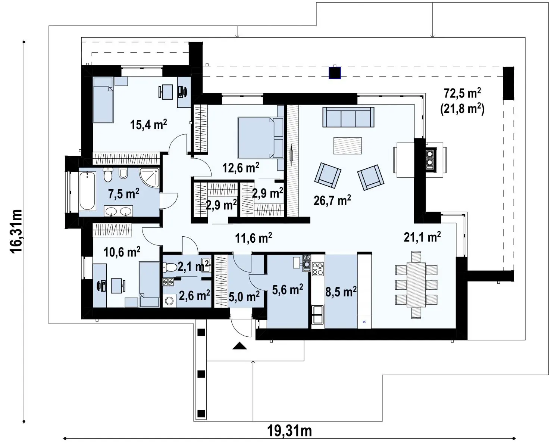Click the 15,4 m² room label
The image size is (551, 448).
(148, 125)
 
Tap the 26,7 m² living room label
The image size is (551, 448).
(332, 200)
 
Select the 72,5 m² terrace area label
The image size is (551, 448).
(463, 93)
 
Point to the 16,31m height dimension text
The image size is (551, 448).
(16, 231)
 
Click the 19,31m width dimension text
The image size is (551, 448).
(289, 431)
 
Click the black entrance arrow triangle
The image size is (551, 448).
(240, 346)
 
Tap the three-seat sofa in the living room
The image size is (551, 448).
(348, 117)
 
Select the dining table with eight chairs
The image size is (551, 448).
(416, 285)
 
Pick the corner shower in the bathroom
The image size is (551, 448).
(149, 178)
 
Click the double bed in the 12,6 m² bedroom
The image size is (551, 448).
(260, 138)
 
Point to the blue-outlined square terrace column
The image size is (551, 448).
(335, 73)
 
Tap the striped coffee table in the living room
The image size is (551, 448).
(347, 146)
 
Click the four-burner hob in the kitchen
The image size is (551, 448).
(318, 269)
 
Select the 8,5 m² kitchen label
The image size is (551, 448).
(341, 292)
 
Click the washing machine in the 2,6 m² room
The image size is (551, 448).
(169, 301)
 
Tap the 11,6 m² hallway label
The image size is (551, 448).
(254, 237)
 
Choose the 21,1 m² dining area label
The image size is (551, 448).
(422, 237)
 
